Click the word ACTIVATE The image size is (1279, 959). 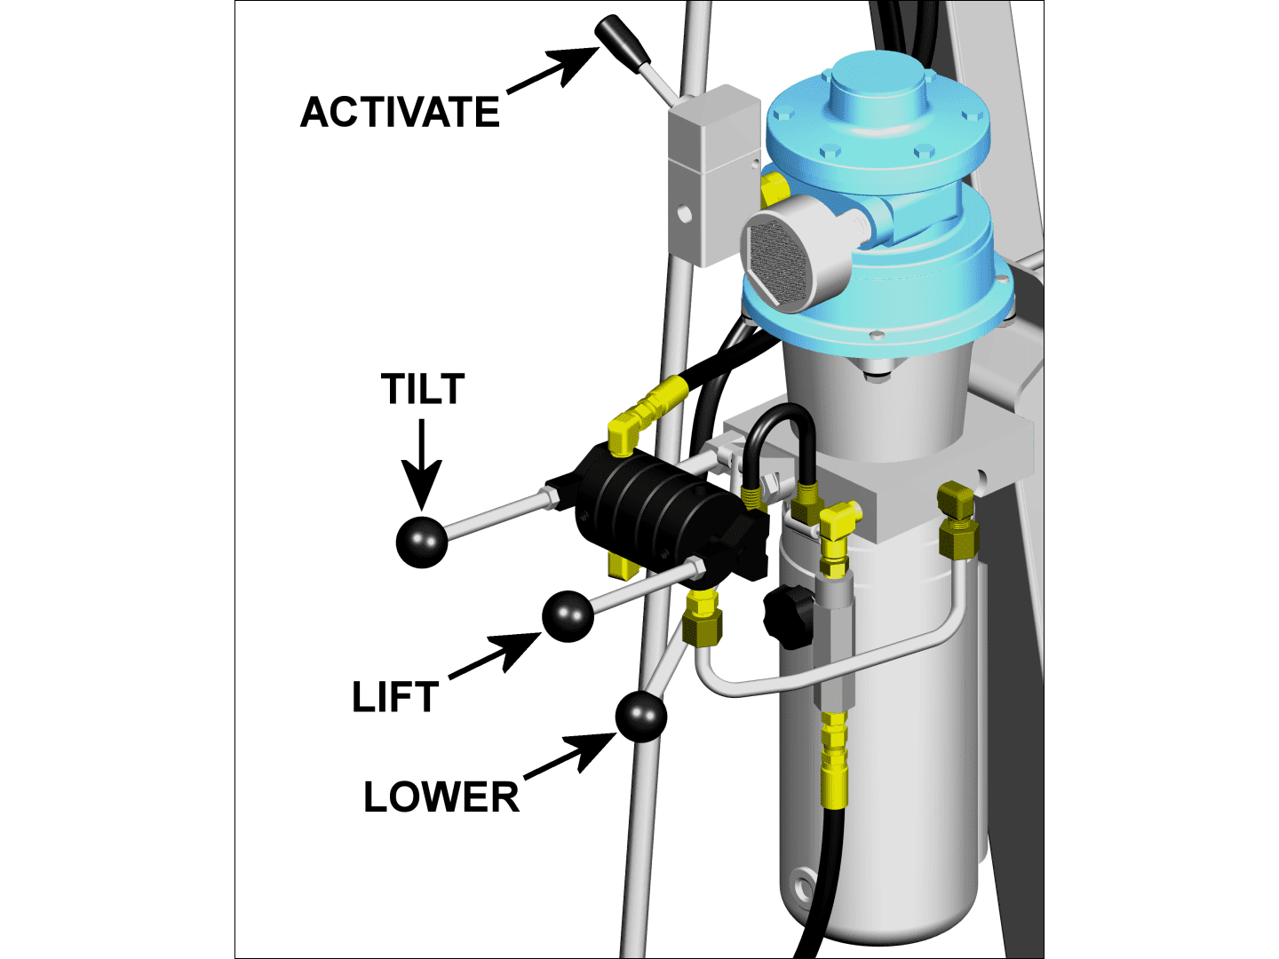(x=400, y=113)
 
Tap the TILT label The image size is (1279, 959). (x=423, y=390)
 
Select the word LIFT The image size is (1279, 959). (x=395, y=697)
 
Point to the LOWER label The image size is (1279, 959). (x=441, y=797)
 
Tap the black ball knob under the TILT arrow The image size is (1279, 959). (x=421, y=542)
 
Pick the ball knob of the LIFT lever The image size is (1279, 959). (x=568, y=616)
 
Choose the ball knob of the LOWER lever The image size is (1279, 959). (x=640, y=717)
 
